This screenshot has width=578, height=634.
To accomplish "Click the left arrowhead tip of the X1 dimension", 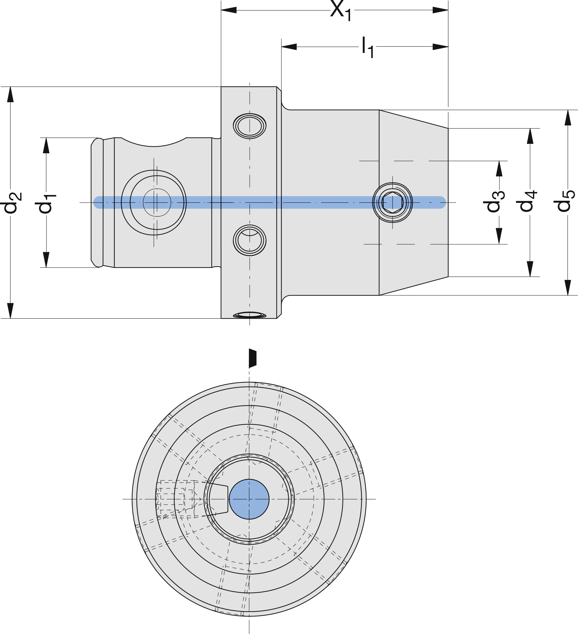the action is [221, 10].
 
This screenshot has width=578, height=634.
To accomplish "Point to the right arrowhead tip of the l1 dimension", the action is [448, 47].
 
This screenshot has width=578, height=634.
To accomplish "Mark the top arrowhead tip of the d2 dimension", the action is [10, 87].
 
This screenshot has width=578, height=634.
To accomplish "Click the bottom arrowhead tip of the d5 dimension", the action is [568, 295].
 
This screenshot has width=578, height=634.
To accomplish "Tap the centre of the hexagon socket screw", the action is [392, 203].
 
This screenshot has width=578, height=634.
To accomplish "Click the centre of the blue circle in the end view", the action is [249, 499].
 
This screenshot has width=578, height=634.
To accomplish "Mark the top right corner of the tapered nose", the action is [448, 128].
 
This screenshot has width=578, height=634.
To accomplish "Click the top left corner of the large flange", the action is [221, 87].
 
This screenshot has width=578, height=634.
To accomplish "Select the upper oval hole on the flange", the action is [250, 126].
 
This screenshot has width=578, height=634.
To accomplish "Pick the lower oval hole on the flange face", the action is [250, 240].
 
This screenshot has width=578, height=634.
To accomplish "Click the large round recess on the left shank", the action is [154, 203].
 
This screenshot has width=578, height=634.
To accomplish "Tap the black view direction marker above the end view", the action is [252, 358].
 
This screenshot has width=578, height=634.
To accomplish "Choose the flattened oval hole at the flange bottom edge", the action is [250, 315].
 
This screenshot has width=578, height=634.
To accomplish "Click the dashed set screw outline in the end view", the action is [175, 499].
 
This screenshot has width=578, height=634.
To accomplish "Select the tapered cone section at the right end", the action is [414, 203].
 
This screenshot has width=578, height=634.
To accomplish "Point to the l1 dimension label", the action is [368, 47].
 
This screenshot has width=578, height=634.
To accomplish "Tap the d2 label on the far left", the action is [11, 203].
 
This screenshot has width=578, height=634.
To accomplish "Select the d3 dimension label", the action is [494, 201].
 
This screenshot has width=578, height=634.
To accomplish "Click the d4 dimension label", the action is [527, 201].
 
